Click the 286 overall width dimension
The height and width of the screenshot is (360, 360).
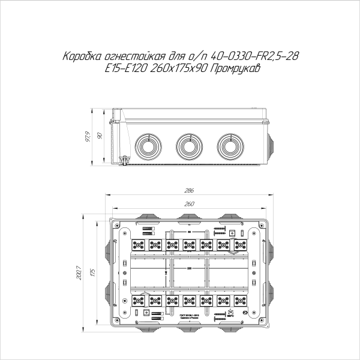point(188,191)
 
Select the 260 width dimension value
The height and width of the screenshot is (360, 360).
point(188,205)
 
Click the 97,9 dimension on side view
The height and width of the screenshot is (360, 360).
point(87,137)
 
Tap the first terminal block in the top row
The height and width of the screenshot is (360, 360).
point(138,245)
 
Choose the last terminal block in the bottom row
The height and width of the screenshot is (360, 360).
point(240,300)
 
